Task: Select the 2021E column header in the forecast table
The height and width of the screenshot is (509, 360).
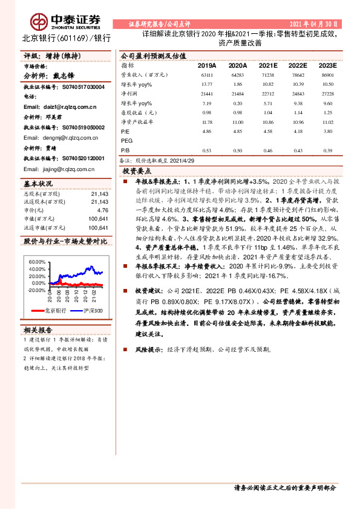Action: [x=268, y=65]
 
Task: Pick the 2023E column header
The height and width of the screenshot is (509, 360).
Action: [x=327, y=65]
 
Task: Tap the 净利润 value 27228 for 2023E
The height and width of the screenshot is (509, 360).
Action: [x=327, y=94]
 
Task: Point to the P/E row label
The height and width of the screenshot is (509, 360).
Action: [x=125, y=131]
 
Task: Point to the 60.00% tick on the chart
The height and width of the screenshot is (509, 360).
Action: [x=37, y=261]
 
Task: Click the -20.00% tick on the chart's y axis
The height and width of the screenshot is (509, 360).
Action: [x=36, y=290]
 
